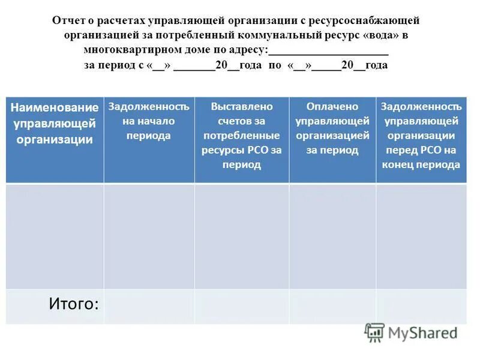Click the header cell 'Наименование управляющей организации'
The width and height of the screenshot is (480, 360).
coord(55,124)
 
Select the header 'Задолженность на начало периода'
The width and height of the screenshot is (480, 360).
coord(148,121)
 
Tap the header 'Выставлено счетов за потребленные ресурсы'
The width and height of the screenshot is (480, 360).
coord(241,135)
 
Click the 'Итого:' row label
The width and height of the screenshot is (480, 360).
coord(74,304)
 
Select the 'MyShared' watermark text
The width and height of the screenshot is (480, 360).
coord(424,333)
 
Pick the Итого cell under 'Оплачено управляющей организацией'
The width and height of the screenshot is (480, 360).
coord(332,306)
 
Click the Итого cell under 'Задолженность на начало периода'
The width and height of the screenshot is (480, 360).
coord(148,306)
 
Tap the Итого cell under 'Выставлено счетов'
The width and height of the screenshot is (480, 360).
coord(241,306)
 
